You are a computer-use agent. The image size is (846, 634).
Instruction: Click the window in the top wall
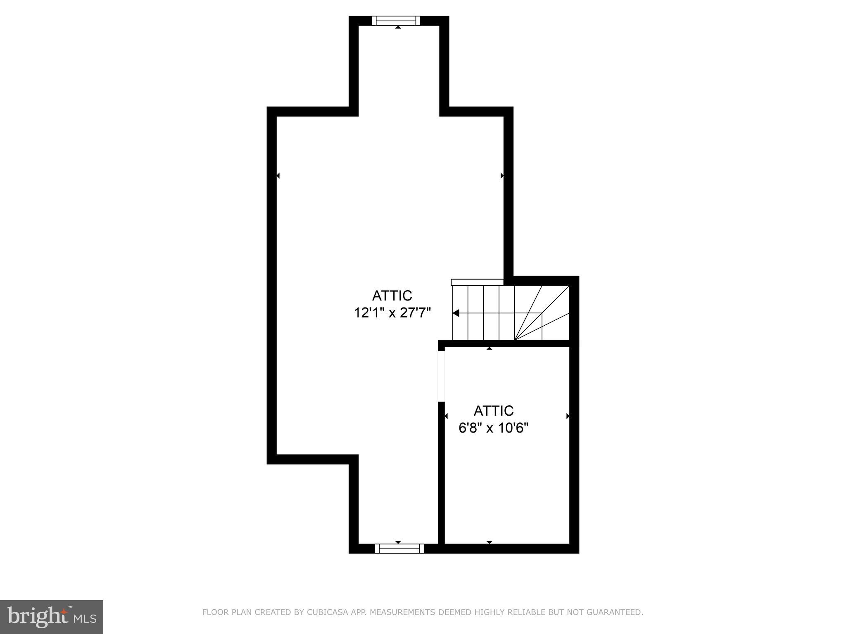396,21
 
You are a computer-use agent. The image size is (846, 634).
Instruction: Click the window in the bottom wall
399,548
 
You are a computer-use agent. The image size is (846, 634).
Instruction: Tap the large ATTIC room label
392,296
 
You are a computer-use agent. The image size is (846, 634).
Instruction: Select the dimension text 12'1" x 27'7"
392,313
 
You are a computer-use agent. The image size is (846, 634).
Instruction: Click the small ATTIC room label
493,411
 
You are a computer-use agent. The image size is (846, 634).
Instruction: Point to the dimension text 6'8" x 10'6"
493,428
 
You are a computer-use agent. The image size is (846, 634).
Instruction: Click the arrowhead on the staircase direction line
456,313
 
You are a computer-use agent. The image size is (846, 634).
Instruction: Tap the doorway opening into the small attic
441,376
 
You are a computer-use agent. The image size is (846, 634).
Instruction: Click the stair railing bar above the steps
477,282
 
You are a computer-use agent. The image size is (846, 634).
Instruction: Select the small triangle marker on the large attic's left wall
278,176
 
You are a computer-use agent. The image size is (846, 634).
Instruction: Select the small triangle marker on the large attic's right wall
502,176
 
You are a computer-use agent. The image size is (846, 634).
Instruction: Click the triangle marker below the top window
398,27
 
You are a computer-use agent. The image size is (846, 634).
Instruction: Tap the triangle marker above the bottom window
398,542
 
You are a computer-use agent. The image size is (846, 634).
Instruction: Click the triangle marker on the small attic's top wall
490,349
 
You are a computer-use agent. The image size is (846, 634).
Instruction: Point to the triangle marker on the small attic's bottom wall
490,542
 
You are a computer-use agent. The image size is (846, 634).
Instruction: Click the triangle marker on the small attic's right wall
568,416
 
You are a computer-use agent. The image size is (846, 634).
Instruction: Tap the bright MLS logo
52,617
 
